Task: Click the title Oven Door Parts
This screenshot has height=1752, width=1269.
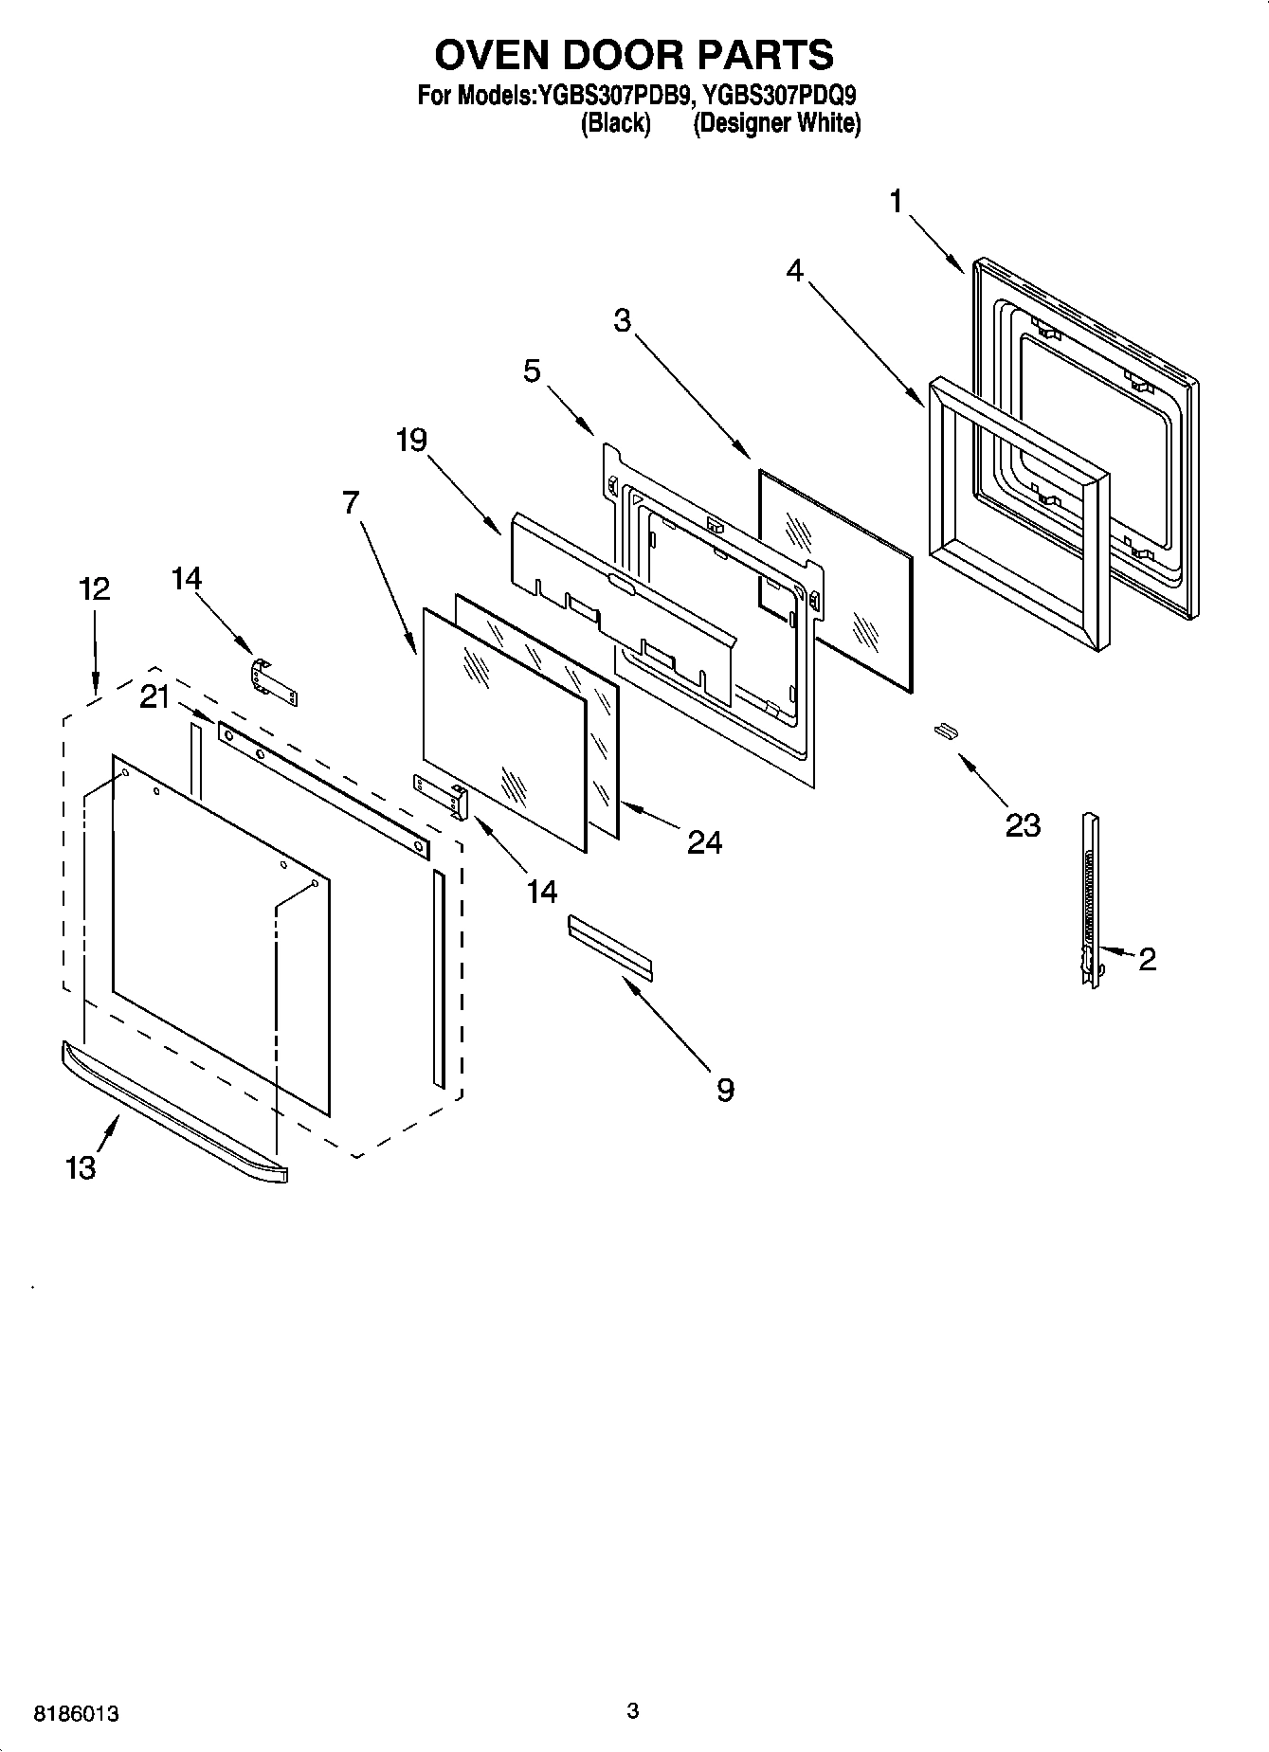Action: (634, 55)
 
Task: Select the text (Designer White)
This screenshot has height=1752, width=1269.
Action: (776, 123)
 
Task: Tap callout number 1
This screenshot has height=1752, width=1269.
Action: (896, 202)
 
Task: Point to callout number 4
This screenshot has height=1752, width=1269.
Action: (794, 271)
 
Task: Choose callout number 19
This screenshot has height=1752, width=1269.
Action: (411, 441)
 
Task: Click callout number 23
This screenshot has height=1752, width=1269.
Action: (1023, 825)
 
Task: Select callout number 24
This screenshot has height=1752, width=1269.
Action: (704, 841)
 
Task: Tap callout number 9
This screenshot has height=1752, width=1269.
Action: (725, 1090)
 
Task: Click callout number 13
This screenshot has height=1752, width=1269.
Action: (81, 1167)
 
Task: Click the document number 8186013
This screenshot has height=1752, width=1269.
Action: (76, 1714)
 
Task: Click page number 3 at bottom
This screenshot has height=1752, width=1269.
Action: (633, 1710)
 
